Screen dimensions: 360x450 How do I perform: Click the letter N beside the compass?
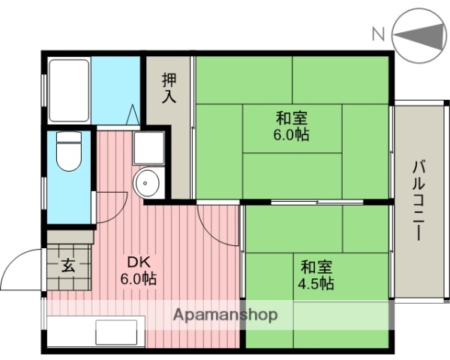coord(379,32)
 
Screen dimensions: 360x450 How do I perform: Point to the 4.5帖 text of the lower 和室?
coord(317,284)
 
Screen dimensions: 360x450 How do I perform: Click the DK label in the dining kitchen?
coord(139,262)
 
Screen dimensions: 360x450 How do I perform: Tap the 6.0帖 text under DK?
coord(139,280)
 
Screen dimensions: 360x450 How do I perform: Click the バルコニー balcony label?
coord(417,199)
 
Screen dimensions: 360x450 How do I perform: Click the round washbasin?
coord(148,182)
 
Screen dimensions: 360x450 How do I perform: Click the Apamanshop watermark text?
coord(225,315)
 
